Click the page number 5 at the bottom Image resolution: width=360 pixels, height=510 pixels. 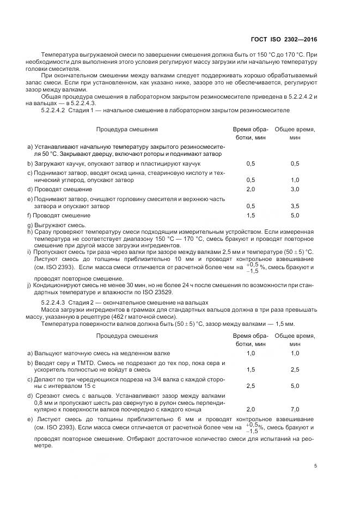(x=316, y=466)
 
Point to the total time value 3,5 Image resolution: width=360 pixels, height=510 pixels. (x=295, y=207)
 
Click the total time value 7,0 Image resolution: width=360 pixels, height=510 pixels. (x=295, y=409)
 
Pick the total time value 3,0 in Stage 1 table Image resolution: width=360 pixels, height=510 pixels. (x=295, y=189)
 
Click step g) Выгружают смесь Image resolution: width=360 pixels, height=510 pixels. (x=59, y=224)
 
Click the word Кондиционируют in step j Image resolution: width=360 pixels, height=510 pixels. (x=58, y=285)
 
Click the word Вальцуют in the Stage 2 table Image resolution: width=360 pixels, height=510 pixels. (x=49, y=353)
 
